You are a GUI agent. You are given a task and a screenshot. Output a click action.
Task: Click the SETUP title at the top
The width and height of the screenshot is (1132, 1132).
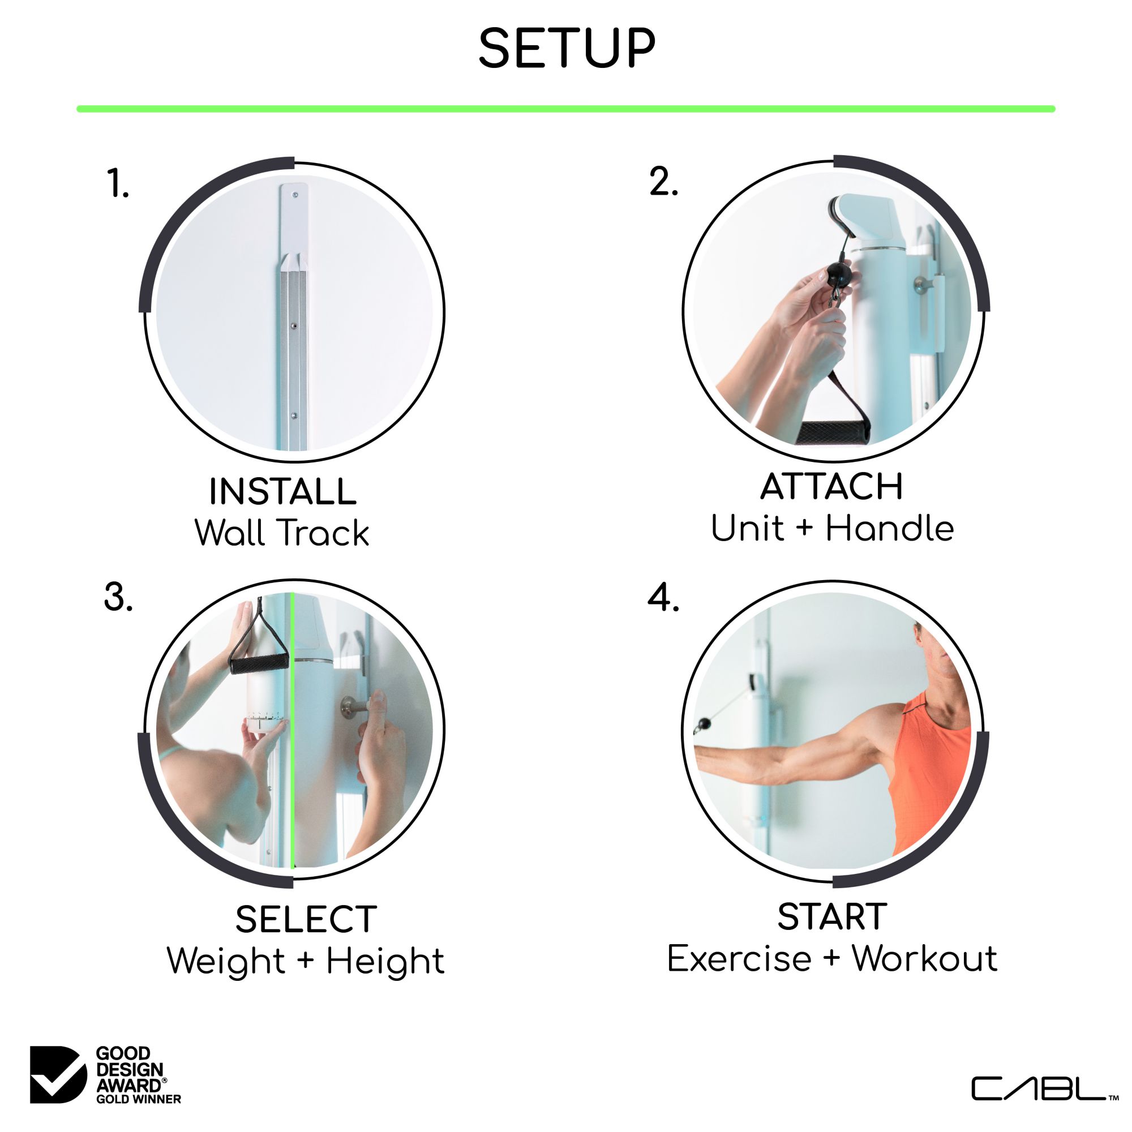(566, 49)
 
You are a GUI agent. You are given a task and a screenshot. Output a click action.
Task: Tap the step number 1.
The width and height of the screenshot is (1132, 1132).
(118, 183)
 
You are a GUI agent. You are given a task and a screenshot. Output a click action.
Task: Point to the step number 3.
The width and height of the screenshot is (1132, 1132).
(118, 598)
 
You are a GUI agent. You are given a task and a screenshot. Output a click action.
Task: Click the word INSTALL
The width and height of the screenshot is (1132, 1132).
(282, 492)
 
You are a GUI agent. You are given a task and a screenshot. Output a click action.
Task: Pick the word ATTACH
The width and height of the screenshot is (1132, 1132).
(831, 487)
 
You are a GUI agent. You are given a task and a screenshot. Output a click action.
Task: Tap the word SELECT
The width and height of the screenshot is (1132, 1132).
(306, 919)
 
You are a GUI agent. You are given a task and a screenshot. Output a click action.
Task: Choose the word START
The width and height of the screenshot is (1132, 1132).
(831, 917)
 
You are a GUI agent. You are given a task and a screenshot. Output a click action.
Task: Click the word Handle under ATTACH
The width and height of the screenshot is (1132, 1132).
(889, 529)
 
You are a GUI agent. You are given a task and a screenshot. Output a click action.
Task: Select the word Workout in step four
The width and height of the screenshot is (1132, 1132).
(924, 959)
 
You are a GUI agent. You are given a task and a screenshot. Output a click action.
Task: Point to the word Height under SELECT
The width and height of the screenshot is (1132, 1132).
(385, 962)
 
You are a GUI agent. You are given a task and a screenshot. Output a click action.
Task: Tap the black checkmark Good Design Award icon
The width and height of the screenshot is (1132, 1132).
(57, 1074)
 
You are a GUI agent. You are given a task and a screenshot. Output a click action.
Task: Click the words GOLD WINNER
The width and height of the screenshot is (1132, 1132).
(138, 1099)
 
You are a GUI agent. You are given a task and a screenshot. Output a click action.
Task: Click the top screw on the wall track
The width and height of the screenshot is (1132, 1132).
(295, 195)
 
